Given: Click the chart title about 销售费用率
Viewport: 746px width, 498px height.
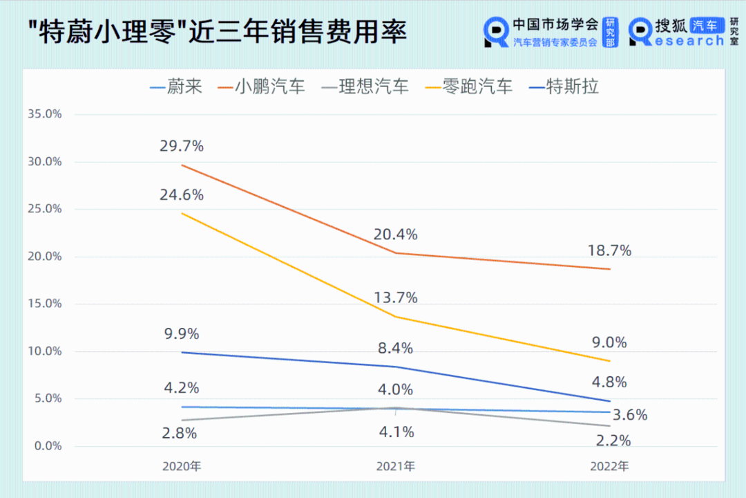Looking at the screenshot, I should (x=218, y=33).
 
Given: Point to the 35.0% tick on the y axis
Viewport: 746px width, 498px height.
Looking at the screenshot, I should (x=44, y=114).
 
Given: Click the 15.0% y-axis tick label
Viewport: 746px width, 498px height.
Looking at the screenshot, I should (x=44, y=304).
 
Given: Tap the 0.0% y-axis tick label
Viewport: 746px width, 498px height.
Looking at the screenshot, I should (x=46, y=445).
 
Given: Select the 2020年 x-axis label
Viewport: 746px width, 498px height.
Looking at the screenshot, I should (x=182, y=466).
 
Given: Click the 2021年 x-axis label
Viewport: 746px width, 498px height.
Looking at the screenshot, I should (x=396, y=466).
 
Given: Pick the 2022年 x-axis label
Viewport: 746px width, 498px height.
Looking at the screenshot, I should (x=610, y=466).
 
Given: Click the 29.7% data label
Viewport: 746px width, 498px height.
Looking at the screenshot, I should (x=182, y=146).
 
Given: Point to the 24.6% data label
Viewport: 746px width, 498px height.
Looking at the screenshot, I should (x=182, y=195).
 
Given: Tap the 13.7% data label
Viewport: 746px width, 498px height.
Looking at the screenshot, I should (x=396, y=297).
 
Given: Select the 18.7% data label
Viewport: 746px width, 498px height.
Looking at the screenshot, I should (x=610, y=250).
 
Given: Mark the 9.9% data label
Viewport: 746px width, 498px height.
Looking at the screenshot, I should (x=182, y=334).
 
